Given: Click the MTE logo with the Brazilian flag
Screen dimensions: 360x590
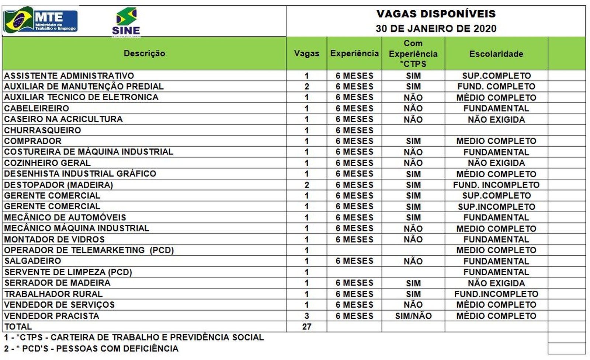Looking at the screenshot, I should click(40, 21).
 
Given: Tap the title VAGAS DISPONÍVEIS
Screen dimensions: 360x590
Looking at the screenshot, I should click(436, 14).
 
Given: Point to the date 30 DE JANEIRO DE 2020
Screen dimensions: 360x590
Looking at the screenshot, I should click(436, 29).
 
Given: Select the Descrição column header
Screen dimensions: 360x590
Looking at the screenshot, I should click(144, 53).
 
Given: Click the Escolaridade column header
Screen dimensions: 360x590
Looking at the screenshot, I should click(496, 54).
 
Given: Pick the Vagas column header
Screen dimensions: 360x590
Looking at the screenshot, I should click(306, 53).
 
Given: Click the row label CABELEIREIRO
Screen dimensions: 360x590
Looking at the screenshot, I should click(37, 108).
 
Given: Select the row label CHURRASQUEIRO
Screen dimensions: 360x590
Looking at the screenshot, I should click(42, 130).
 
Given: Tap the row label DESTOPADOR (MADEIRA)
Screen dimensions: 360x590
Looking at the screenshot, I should click(59, 185).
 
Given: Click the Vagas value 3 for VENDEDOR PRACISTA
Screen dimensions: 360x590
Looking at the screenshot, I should click(306, 316).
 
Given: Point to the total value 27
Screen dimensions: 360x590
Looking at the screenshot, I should click(306, 326).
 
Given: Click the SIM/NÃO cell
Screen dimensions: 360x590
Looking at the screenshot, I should click(413, 316).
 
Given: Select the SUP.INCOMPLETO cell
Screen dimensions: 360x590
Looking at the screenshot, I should click(496, 207).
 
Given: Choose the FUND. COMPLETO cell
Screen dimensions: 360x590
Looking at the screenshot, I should click(496, 87).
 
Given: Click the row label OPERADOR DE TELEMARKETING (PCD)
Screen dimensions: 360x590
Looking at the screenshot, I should click(89, 250).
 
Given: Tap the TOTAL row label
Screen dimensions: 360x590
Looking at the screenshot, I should click(18, 326).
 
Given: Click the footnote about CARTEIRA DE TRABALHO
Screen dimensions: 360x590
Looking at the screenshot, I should click(134, 337).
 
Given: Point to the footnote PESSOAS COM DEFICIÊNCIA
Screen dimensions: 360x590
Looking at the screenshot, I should click(91, 348).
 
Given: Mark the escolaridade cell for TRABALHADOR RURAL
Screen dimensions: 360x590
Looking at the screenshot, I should click(496, 294).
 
